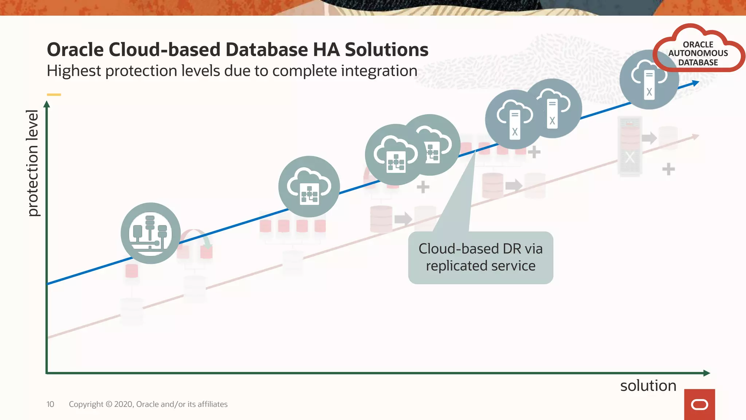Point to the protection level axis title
pyautogui.click(x=32, y=163)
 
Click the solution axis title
pyautogui.click(x=648, y=385)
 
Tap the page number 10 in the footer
pyautogui.click(x=50, y=404)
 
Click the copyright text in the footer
pyautogui.click(x=148, y=404)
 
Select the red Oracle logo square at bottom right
pyautogui.click(x=699, y=404)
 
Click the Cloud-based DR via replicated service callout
pyautogui.click(x=480, y=257)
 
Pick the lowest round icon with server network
pyautogui.click(x=150, y=233)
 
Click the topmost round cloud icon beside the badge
pyautogui.click(x=649, y=80)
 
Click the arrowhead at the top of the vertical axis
pyautogui.click(x=47, y=104)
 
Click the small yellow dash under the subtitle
pyautogui.click(x=54, y=94)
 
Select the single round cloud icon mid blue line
pyautogui.click(x=309, y=187)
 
